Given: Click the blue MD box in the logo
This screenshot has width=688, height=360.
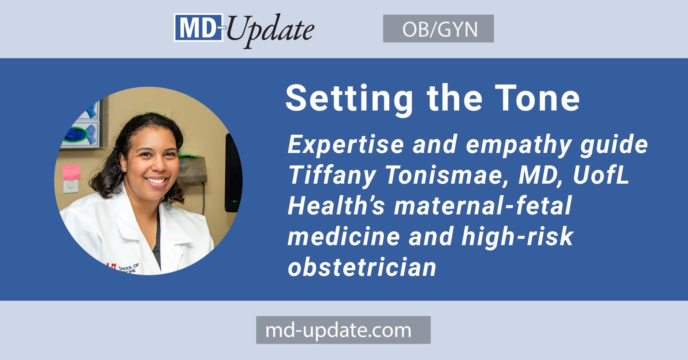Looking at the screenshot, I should [x=198, y=28].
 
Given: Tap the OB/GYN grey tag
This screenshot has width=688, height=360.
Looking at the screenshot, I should [x=438, y=29].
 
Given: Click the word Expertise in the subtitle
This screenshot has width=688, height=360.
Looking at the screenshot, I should [x=345, y=145].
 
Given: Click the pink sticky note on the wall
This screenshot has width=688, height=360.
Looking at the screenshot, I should [x=71, y=172].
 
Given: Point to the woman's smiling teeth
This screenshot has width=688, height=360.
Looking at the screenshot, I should [x=157, y=181].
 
